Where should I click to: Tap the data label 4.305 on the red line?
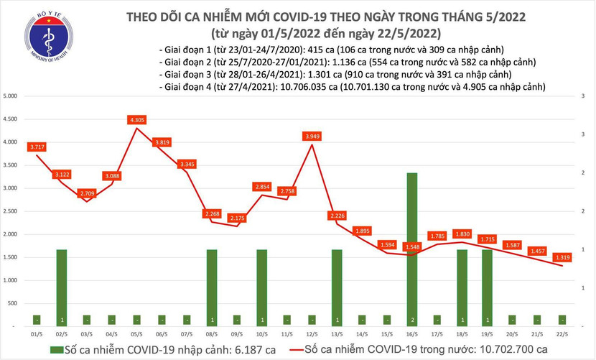138,119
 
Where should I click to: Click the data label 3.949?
312,135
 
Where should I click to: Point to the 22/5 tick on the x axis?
563,334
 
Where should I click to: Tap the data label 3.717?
37,147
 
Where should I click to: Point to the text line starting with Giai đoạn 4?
351,86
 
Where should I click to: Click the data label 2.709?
88,193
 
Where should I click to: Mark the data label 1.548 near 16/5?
412,247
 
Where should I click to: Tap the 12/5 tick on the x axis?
312,334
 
